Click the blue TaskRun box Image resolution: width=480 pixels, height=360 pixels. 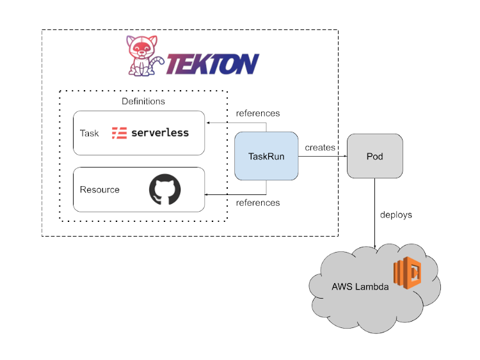[266, 156]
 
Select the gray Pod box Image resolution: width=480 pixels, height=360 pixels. [374, 156]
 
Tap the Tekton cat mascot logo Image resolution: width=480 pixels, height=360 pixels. [144, 58]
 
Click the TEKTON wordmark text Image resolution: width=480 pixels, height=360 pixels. [212, 64]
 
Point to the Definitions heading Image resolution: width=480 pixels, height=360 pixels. [143, 101]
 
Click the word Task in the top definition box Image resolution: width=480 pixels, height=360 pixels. [90, 134]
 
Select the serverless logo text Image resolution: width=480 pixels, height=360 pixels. [160, 133]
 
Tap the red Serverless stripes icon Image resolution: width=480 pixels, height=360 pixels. [119, 133]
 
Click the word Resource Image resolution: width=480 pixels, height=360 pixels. [100, 190]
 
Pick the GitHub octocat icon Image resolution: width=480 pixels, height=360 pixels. [165, 190]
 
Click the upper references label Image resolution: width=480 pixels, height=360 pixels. [258, 113]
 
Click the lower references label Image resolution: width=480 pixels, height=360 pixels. [258, 203]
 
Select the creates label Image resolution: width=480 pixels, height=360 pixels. [320, 148]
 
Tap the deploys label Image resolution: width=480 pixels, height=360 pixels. [396, 215]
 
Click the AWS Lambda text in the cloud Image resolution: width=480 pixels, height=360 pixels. [360, 287]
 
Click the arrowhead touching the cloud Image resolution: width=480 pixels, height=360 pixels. [374, 246]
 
